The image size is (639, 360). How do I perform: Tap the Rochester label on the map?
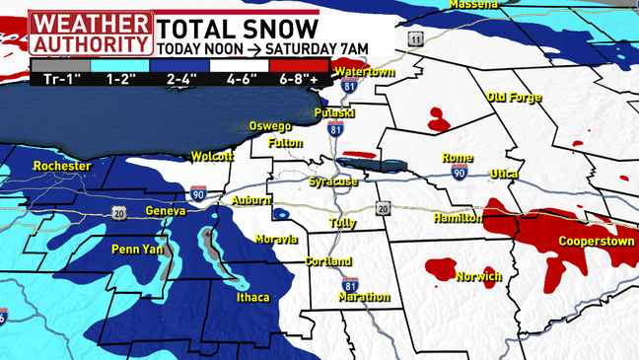(x=61, y=167)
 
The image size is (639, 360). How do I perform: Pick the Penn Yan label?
(x=135, y=249)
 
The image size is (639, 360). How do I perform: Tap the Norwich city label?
(x=478, y=277)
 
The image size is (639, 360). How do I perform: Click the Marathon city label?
(x=364, y=297)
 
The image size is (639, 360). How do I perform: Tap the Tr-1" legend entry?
(x=59, y=76)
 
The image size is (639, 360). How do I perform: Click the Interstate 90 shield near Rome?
(x=459, y=173)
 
